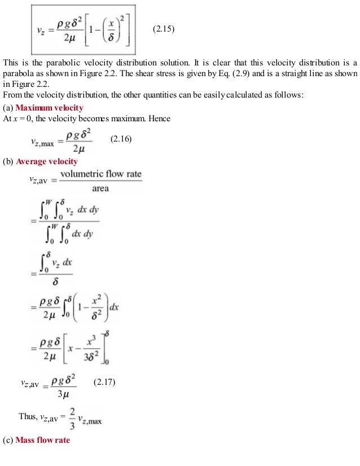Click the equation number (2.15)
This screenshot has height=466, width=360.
coord(164,29)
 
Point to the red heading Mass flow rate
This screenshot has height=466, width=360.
coord(43,439)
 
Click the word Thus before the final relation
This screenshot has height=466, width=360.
coord(27,416)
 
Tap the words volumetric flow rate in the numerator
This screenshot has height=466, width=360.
coord(101,174)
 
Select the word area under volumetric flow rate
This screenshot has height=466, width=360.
coord(100,188)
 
